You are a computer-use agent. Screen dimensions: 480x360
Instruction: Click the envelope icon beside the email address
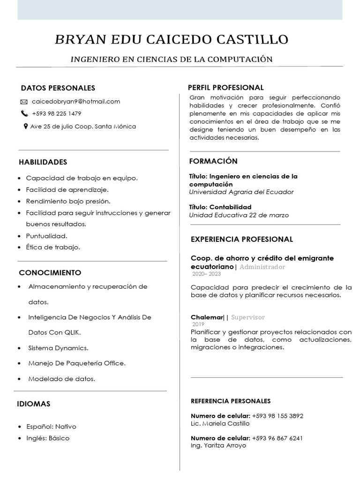click(x=24, y=102)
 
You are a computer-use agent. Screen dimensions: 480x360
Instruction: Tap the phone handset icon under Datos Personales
click(x=24, y=113)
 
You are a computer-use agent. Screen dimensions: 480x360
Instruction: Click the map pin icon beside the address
click(x=25, y=126)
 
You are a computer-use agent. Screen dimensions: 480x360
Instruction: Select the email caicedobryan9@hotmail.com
click(x=76, y=101)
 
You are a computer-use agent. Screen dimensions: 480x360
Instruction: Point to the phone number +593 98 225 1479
click(x=56, y=113)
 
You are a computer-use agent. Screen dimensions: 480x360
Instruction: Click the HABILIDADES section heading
click(x=43, y=162)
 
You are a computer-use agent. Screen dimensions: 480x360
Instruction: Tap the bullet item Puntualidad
click(x=46, y=236)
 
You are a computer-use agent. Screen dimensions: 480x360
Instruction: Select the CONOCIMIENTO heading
click(x=50, y=273)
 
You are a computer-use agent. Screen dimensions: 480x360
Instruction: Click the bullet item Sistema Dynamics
click(x=58, y=348)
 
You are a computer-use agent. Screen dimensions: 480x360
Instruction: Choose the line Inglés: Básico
click(x=48, y=438)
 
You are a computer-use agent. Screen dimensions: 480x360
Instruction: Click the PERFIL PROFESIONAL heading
click(x=225, y=88)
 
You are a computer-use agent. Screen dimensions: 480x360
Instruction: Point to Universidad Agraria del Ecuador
click(x=241, y=192)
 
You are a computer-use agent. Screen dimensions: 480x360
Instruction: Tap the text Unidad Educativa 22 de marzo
click(x=239, y=215)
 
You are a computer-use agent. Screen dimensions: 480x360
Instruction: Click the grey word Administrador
click(x=262, y=267)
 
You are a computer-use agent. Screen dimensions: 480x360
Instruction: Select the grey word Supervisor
click(x=248, y=317)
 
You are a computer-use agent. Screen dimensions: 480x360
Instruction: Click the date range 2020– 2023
click(x=206, y=274)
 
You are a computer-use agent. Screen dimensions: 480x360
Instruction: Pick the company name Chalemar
click(x=207, y=317)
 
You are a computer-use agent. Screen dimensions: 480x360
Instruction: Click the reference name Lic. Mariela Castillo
click(x=220, y=423)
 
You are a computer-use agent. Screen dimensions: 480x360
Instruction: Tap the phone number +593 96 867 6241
click(x=277, y=438)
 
